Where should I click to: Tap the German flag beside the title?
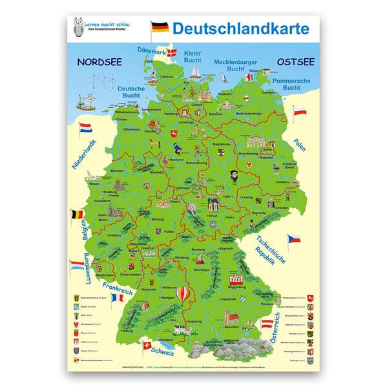[159, 27]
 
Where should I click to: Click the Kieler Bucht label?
[193, 55]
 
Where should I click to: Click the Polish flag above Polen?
[300, 112]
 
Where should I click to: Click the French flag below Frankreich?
[117, 298]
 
